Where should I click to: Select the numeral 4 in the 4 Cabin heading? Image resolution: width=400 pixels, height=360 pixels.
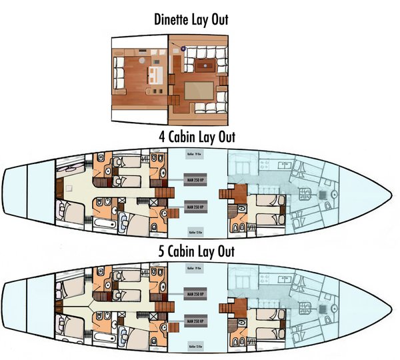(162, 137)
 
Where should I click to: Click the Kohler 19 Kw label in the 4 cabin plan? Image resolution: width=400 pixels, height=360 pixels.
(196, 154)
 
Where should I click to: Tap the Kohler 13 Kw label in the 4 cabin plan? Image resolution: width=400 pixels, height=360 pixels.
(196, 233)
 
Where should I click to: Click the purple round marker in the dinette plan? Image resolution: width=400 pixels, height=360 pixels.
(183, 48)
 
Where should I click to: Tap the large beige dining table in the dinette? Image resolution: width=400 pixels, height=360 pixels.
(201, 89)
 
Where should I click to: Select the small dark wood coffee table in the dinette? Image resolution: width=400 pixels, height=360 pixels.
(205, 65)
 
